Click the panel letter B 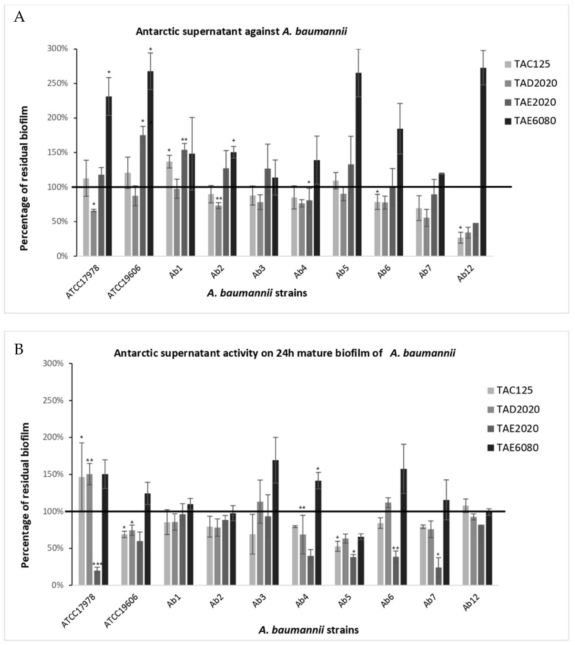tap(19, 349)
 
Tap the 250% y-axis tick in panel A tap(58, 84)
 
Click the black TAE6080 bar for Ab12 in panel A tap(483, 161)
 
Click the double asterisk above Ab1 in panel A tap(184, 139)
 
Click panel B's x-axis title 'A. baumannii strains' tap(309, 630)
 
